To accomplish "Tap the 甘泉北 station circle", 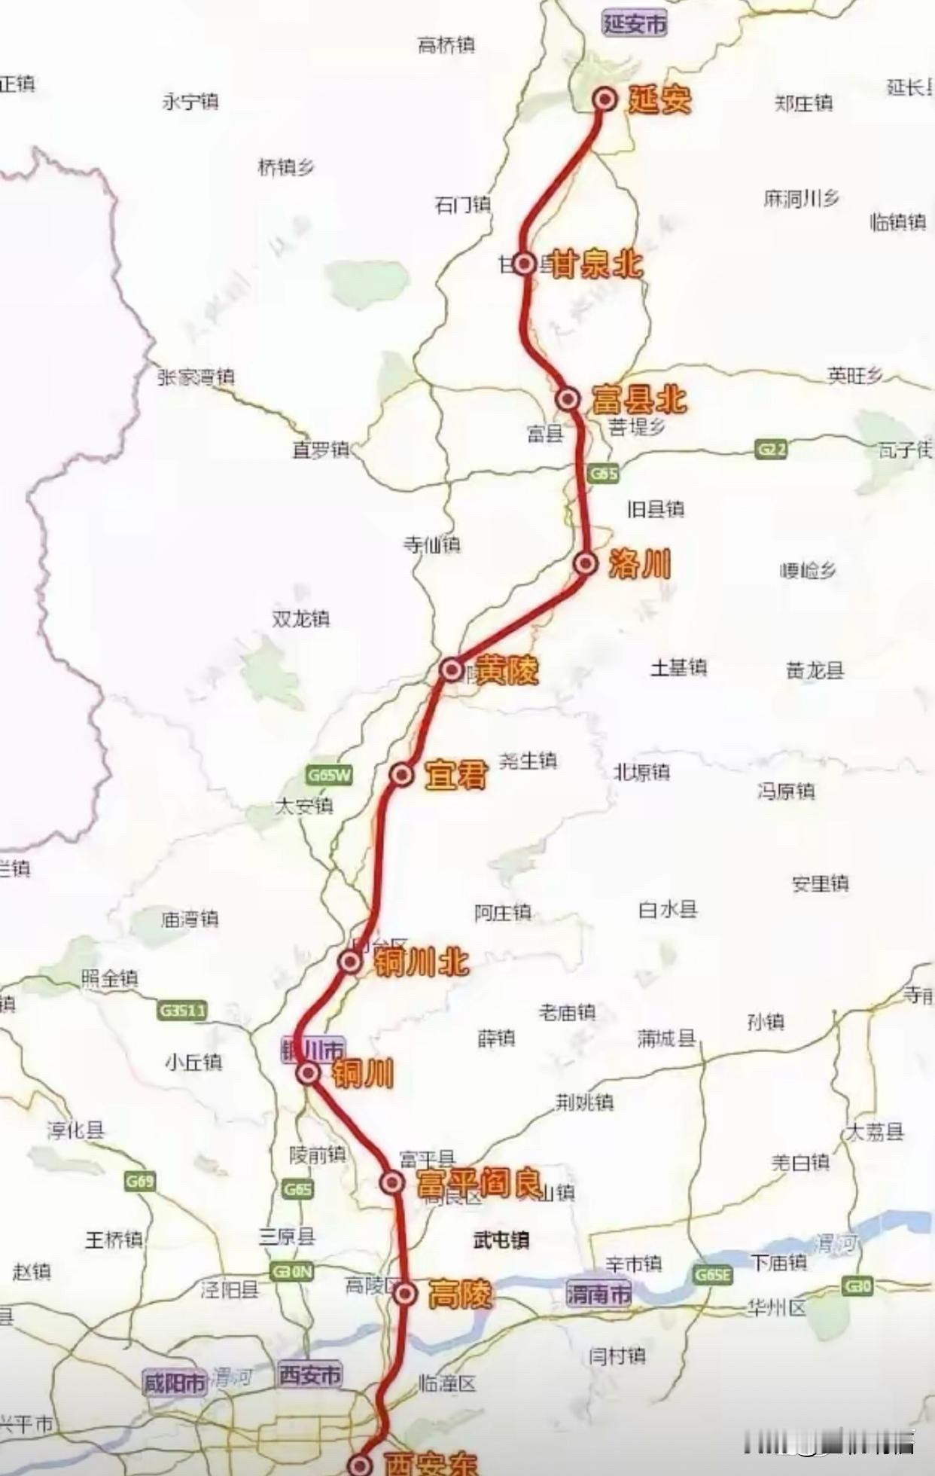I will click(x=525, y=264).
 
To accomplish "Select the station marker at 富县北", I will click(x=568, y=398).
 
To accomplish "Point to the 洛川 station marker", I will click(x=586, y=563).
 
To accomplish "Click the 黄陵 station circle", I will click(x=451, y=669).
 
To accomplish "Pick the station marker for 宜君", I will click(x=403, y=774).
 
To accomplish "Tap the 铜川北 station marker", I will click(x=349, y=961).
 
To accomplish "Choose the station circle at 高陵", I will click(x=406, y=1293).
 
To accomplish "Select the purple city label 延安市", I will click(x=635, y=23).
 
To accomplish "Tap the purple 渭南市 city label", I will click(x=598, y=1295).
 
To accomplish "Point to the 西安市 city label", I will click(x=310, y=1375).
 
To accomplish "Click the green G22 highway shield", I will click(x=772, y=450).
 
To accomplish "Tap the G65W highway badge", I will click(x=329, y=775).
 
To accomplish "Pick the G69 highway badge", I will click(x=140, y=1181).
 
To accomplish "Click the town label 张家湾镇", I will click(x=196, y=377).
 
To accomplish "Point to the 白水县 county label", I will click(x=668, y=910).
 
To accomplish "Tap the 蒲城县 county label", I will click(x=665, y=1038).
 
